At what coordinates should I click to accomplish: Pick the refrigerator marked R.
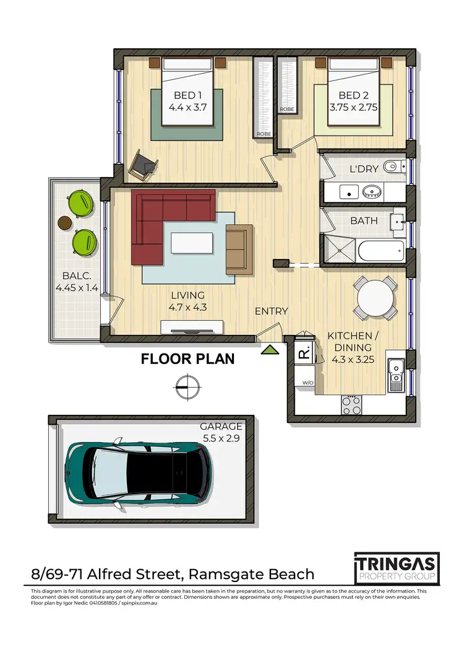click(x=304, y=354)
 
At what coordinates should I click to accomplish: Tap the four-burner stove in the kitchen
click(x=351, y=405)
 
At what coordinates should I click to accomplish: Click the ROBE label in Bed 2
click(x=286, y=109)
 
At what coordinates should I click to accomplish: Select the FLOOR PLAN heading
click(x=187, y=359)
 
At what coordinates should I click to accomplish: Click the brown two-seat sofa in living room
click(x=239, y=249)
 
